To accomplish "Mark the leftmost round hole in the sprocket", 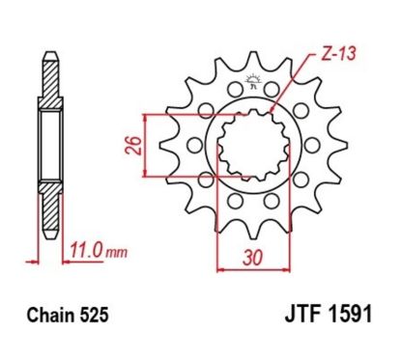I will point(192,148).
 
